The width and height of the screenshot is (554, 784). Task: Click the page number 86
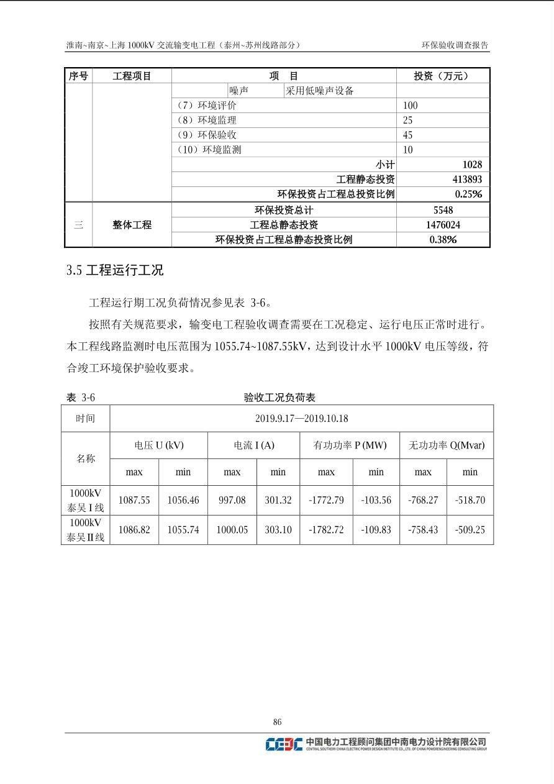(277, 721)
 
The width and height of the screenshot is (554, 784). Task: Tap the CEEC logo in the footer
(284, 744)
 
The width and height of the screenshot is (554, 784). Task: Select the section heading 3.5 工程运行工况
(115, 270)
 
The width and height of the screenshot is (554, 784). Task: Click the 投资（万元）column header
(442, 76)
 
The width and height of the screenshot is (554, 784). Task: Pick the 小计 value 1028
(471, 165)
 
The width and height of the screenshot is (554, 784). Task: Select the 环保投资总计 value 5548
(443, 211)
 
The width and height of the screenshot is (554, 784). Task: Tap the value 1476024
(443, 225)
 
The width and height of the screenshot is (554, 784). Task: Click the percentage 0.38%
(443, 240)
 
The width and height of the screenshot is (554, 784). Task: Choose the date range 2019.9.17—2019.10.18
(301, 419)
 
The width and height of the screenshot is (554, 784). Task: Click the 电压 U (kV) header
(158, 445)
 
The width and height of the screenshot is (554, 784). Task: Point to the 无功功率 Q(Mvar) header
(446, 445)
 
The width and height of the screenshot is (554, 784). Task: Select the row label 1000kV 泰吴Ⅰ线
(86, 500)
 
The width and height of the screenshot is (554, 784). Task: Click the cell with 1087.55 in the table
(134, 500)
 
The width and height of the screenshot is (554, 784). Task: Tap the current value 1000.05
(232, 530)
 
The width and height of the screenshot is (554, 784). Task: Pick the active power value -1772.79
(326, 500)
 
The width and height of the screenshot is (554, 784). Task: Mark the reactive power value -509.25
(470, 530)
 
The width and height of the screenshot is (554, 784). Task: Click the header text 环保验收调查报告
(455, 45)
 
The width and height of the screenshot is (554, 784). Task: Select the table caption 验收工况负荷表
(279, 398)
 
